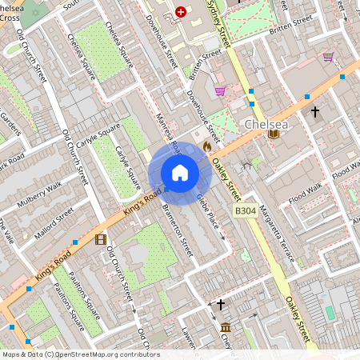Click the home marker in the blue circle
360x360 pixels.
tap(180, 173)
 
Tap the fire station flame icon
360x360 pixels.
tap(207, 147)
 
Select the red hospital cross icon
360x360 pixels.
tap(180, 12)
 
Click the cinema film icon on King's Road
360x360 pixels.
tap(100, 239)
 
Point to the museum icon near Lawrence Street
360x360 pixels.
tap(226, 327)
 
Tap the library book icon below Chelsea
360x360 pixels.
tap(274, 134)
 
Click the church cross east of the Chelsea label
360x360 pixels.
tap(315, 112)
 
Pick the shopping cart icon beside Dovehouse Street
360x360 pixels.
tap(220, 91)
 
